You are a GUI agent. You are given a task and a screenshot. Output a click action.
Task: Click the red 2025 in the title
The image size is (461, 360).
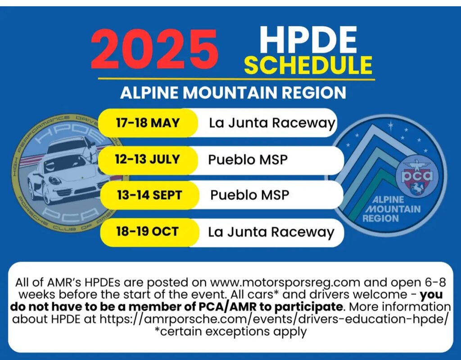pyautogui.click(x=154, y=49)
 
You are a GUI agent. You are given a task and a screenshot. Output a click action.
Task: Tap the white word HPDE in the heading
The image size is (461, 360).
pyautogui.click(x=307, y=40)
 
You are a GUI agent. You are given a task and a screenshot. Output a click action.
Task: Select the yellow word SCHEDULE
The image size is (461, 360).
pyautogui.click(x=308, y=65)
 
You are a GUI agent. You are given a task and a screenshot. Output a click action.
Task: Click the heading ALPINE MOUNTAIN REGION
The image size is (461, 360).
pyautogui.click(x=233, y=93)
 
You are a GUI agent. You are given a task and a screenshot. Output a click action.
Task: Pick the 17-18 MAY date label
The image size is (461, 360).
pyautogui.click(x=148, y=122)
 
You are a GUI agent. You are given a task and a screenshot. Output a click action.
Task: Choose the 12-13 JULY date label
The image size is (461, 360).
pyautogui.click(x=147, y=159)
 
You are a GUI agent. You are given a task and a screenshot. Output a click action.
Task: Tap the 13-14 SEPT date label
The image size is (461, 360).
pyautogui.click(x=149, y=195)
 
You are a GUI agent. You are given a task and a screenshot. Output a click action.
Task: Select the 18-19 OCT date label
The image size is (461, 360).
pyautogui.click(x=147, y=232)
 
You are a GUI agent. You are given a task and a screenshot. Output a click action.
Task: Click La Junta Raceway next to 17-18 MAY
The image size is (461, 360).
pyautogui.click(x=271, y=123)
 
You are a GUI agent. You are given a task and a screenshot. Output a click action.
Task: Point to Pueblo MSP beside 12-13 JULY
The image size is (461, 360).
pyautogui.click(x=248, y=160)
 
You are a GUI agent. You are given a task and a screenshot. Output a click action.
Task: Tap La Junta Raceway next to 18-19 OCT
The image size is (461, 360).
pyautogui.click(x=271, y=232)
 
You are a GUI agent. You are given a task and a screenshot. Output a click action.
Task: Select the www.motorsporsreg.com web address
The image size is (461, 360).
pyautogui.click(x=285, y=283)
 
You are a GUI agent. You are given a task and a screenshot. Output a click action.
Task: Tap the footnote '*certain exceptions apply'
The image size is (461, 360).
pyautogui.click(x=230, y=332)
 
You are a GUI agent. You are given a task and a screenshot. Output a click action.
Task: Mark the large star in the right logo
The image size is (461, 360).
pyautogui.click(x=390, y=126)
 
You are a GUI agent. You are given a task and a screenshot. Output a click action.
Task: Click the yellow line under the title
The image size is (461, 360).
pyautogui.click(x=236, y=79)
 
